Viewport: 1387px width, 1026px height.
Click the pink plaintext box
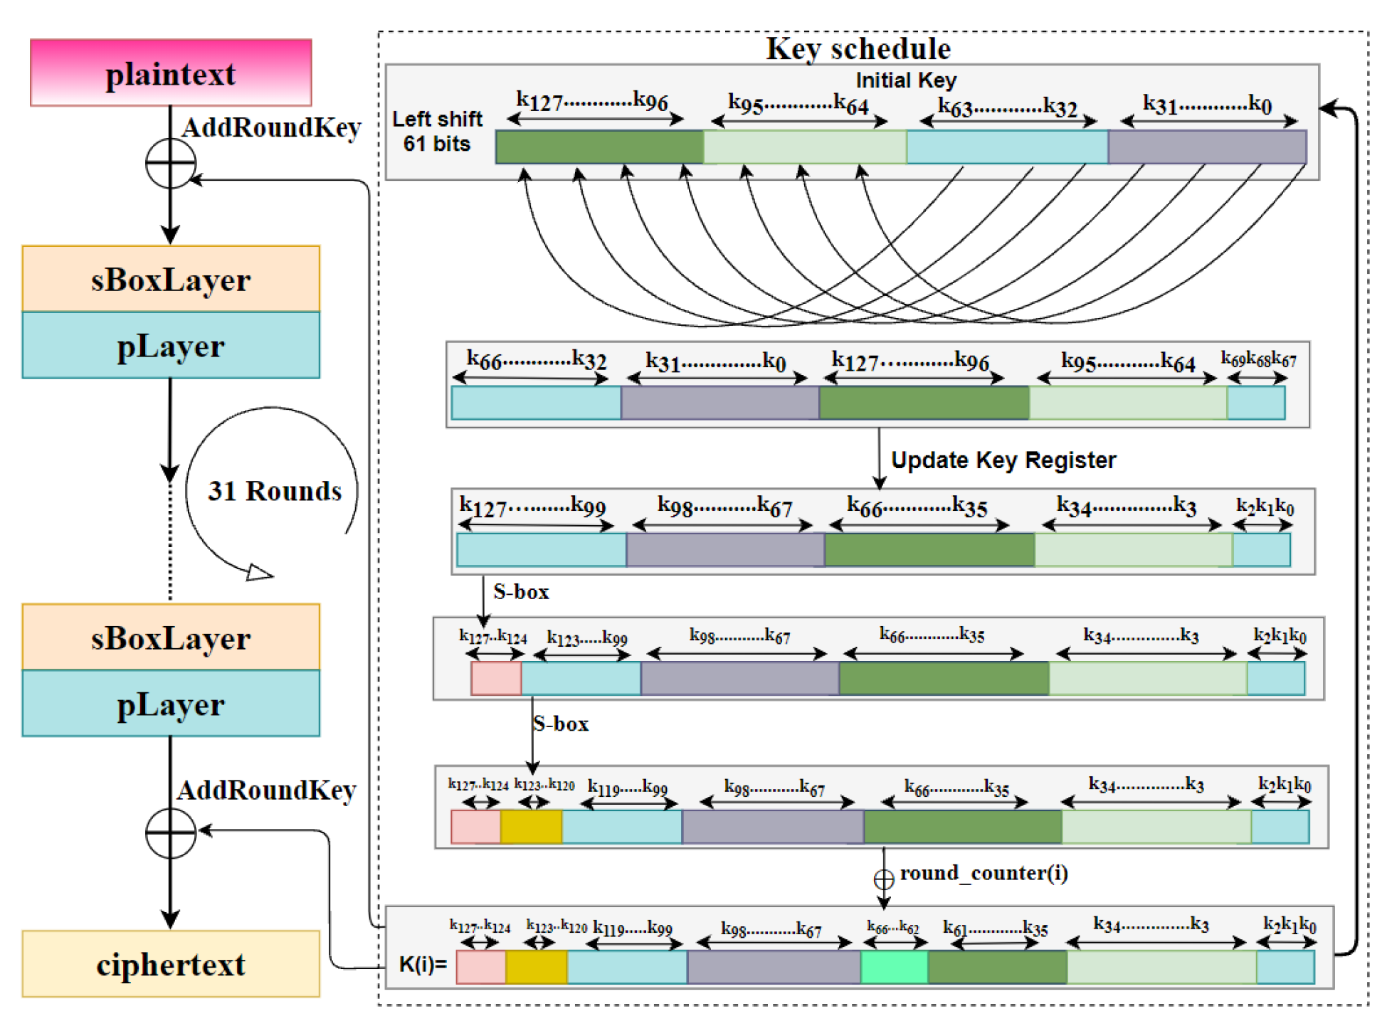click(x=171, y=73)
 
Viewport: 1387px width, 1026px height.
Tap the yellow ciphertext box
click(x=171, y=964)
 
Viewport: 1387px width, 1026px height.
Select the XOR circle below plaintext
click(x=170, y=163)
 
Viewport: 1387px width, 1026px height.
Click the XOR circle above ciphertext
click(x=170, y=832)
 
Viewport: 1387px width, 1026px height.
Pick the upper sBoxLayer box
click(x=171, y=279)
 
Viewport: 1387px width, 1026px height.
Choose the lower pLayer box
click(x=171, y=704)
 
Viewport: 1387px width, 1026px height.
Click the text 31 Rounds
click(x=274, y=491)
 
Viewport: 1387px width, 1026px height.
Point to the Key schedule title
click(x=858, y=48)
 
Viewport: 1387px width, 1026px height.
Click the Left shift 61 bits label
click(x=437, y=131)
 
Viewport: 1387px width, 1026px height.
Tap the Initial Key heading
click(x=905, y=80)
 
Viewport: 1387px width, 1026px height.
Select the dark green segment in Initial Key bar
click(x=599, y=147)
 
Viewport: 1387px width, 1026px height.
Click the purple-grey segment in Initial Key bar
click(x=1207, y=147)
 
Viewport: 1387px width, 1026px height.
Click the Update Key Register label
click(x=1003, y=460)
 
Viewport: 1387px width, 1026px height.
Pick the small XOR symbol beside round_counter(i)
click(x=883, y=879)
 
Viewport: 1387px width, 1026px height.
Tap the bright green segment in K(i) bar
click(x=894, y=967)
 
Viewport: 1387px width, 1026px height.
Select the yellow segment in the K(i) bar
click(x=537, y=967)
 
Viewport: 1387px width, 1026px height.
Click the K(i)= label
click(x=422, y=965)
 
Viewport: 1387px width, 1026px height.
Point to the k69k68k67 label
click(x=1258, y=359)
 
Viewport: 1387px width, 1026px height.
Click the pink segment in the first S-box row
click(x=496, y=678)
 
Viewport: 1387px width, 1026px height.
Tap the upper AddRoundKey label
click(x=271, y=127)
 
